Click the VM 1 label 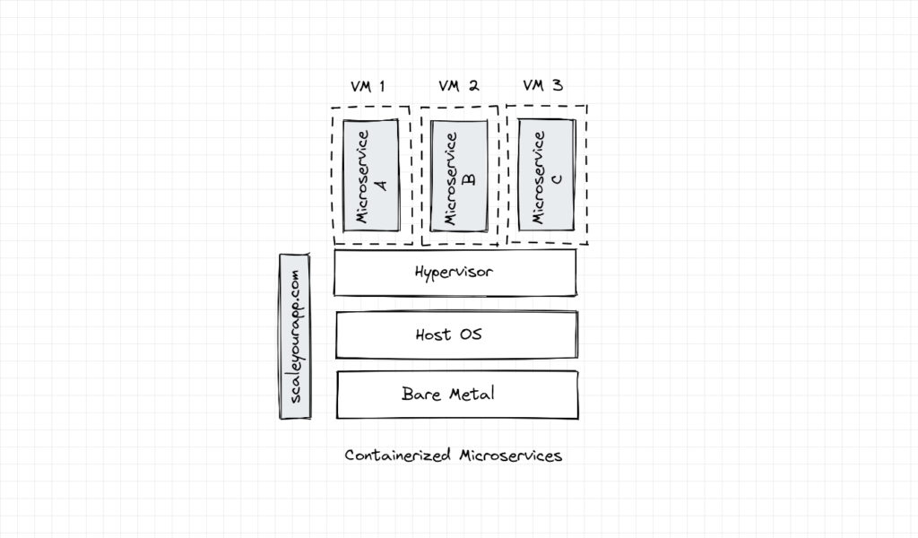tap(368, 87)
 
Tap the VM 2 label tap(458, 86)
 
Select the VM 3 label tap(543, 86)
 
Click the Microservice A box tap(370, 175)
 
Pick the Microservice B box tap(459, 175)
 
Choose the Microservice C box tap(546, 175)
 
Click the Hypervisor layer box tap(455, 273)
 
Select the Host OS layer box tap(456, 334)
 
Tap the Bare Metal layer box tap(456, 395)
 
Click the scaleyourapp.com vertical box tap(294, 336)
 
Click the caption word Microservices tap(510, 456)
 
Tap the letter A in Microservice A tap(379, 183)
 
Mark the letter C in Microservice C tap(556, 178)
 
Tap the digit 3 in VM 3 tap(558, 86)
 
